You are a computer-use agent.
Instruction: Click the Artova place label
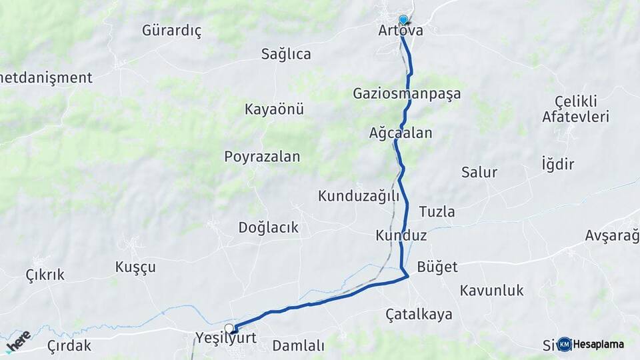point(400,31)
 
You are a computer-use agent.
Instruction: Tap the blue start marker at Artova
point(403,20)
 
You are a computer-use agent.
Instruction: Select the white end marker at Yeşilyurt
point(230,328)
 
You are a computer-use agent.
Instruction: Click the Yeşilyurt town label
point(226,338)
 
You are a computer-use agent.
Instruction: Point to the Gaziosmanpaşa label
point(407,94)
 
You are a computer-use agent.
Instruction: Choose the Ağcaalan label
point(401,133)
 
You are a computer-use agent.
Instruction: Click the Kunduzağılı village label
point(358,196)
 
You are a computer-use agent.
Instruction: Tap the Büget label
point(437,267)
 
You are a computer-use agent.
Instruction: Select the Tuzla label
point(437,212)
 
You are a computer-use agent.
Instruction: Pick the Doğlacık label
point(268,227)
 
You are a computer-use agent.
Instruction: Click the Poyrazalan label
point(262,157)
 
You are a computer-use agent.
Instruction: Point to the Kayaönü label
point(274,109)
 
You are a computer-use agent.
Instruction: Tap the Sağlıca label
point(286,54)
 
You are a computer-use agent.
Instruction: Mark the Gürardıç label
point(171,31)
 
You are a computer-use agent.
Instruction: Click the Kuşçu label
point(135,267)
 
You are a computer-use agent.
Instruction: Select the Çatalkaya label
point(419,314)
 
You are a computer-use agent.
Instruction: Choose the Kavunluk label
point(491,291)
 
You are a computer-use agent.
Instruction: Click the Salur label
point(479,173)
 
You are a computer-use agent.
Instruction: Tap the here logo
point(18,341)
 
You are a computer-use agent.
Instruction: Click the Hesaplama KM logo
point(591,344)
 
